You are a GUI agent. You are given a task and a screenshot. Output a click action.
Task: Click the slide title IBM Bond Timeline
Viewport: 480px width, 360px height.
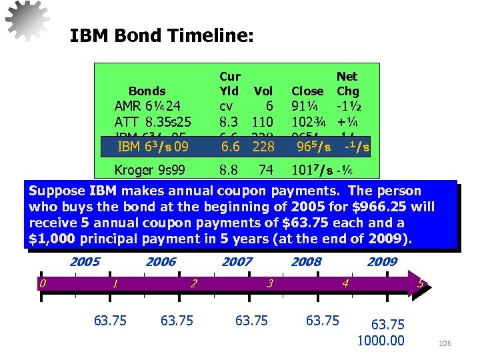[161, 35]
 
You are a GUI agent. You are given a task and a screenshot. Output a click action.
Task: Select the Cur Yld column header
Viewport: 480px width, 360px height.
[229, 83]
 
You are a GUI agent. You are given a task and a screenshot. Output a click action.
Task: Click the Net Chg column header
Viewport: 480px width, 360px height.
[347, 83]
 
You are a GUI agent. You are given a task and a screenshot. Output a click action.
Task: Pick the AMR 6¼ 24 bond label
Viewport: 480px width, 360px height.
[148, 105]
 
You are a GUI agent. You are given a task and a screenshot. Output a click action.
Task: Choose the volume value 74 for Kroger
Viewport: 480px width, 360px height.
[266, 170]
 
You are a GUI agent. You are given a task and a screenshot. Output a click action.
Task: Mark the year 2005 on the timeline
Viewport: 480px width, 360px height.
[85, 262]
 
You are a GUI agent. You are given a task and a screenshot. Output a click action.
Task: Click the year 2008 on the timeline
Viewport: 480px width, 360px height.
[306, 262]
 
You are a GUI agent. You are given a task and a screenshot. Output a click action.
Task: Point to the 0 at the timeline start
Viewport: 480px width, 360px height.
[42, 284]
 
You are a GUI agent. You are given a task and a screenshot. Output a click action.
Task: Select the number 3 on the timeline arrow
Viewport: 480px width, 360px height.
[269, 284]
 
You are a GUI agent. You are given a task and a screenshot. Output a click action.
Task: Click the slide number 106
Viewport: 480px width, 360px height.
[445, 343]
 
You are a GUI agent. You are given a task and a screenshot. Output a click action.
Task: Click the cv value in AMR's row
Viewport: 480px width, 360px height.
[227, 105]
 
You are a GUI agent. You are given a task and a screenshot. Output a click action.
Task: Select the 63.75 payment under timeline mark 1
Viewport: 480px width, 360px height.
[111, 321]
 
